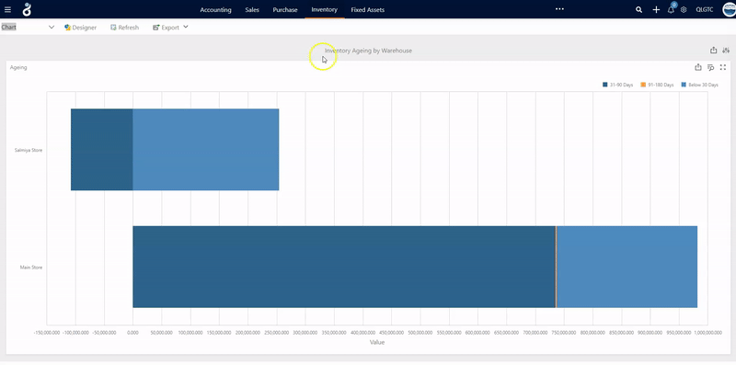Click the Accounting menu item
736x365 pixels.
[x=215, y=9]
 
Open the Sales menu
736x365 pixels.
[x=252, y=9]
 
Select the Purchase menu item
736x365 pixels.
[x=285, y=9]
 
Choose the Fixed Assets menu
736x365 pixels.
[x=368, y=9]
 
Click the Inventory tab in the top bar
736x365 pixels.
[x=324, y=9]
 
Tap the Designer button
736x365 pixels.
[x=81, y=28]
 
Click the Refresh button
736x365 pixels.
[x=125, y=28]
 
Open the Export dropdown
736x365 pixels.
[x=170, y=28]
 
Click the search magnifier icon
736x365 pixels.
[x=639, y=9]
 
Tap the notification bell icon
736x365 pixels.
[x=671, y=9]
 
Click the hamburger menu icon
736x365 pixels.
[x=8, y=9]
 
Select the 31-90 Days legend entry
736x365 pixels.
[x=619, y=85]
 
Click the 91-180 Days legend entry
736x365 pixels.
[x=658, y=85]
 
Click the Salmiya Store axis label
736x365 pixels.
[x=29, y=150]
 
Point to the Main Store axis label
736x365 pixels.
[x=31, y=268]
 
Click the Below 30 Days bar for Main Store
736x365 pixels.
[x=627, y=267]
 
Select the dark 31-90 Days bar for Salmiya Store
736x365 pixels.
[x=101, y=150]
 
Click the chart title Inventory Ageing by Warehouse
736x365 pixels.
[x=368, y=51]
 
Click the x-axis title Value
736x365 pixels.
[x=377, y=342]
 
